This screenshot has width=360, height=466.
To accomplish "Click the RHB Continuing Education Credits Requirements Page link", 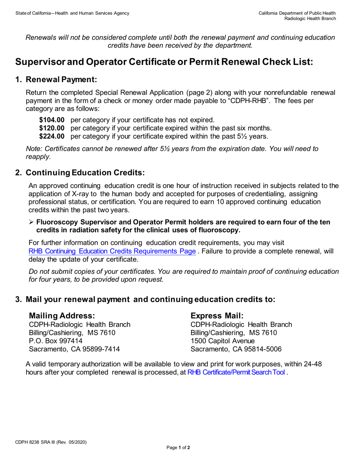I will (x=112, y=251).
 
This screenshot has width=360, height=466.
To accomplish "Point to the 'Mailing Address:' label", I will (x=62, y=316).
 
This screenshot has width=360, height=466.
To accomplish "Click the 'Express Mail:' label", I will (x=217, y=316).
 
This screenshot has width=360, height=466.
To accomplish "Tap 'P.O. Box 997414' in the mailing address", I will (x=55, y=341).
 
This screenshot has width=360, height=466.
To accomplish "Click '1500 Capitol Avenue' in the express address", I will (x=223, y=341).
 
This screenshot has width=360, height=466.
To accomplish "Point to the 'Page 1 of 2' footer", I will (x=178, y=448).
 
